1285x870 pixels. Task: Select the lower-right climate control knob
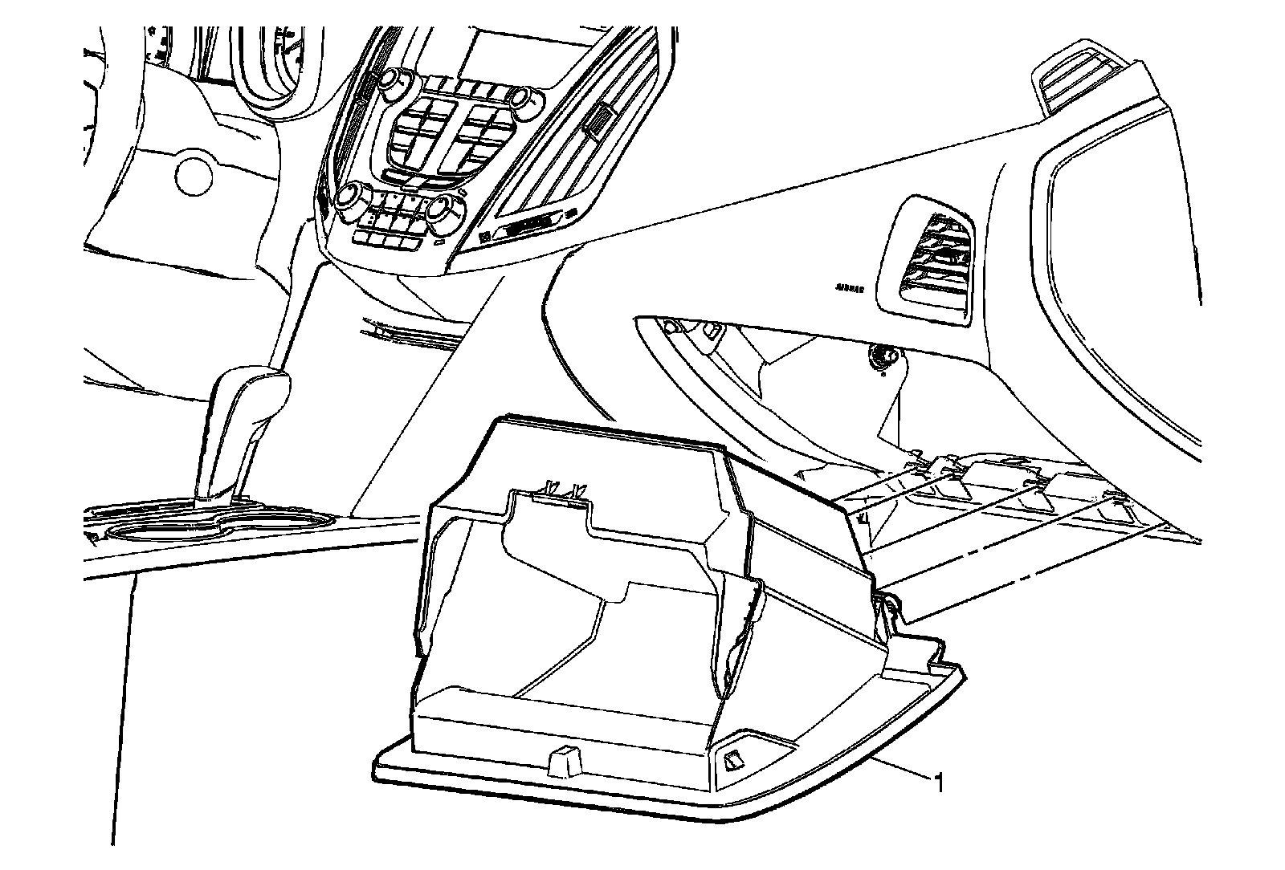(443, 210)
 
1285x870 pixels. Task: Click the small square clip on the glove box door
(733, 760)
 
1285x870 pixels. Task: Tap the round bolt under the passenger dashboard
(883, 356)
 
